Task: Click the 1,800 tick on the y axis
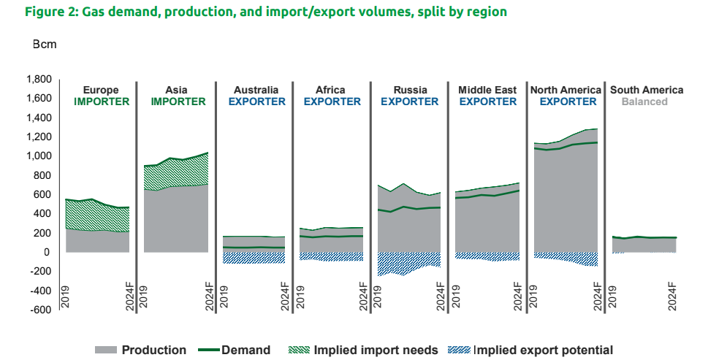pyautogui.click(x=38, y=80)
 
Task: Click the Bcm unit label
pyautogui.click(x=44, y=44)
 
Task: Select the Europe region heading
pyautogui.click(x=101, y=91)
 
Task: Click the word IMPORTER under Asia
pyautogui.click(x=178, y=102)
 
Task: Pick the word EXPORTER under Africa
pyautogui.click(x=332, y=102)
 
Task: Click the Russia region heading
pyautogui.click(x=409, y=91)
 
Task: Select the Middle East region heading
pyautogui.click(x=487, y=91)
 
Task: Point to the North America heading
pyautogui.click(x=566, y=91)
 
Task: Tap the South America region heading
pyautogui.click(x=647, y=91)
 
